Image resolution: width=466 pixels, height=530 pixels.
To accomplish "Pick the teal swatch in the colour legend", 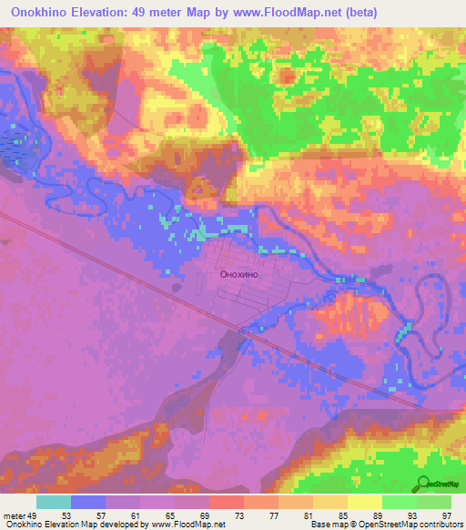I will tap(54, 502).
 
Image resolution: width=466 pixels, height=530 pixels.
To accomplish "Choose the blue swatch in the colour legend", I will tap(88, 502).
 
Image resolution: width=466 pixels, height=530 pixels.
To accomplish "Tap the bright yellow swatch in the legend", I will tap(364, 502).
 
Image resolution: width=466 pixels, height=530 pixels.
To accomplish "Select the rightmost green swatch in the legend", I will tap(434, 502).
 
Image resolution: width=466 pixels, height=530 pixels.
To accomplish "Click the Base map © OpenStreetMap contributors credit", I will tap(385, 525).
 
